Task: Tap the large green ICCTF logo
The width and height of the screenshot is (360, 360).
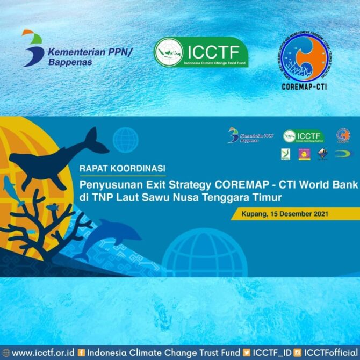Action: pyautogui.click(x=201, y=52)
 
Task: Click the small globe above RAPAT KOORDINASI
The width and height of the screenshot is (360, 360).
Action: pyautogui.click(x=125, y=140)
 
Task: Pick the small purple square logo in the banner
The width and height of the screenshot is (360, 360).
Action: pyautogui.click(x=304, y=154)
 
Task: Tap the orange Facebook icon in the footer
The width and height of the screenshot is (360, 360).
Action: pyautogui.click(x=82, y=352)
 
